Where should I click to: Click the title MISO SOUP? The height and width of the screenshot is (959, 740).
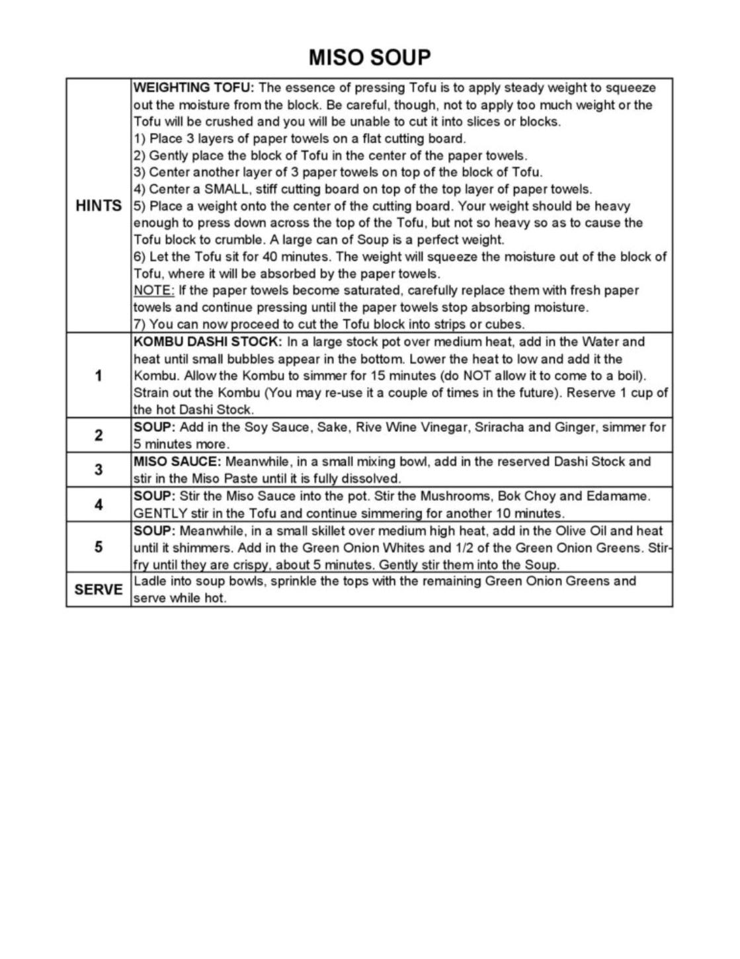pyautogui.click(x=369, y=58)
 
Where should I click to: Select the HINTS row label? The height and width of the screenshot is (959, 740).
pyautogui.click(x=99, y=206)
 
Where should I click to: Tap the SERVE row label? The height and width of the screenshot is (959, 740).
pyautogui.click(x=99, y=589)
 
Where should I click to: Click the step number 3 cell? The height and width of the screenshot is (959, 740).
pyautogui.click(x=99, y=470)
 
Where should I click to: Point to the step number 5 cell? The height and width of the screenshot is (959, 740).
pyautogui.click(x=99, y=547)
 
